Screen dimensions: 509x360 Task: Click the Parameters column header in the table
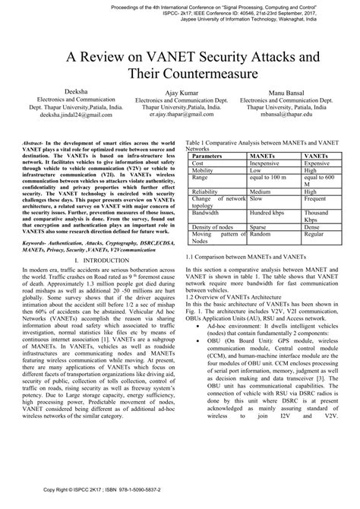pos(213,155)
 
